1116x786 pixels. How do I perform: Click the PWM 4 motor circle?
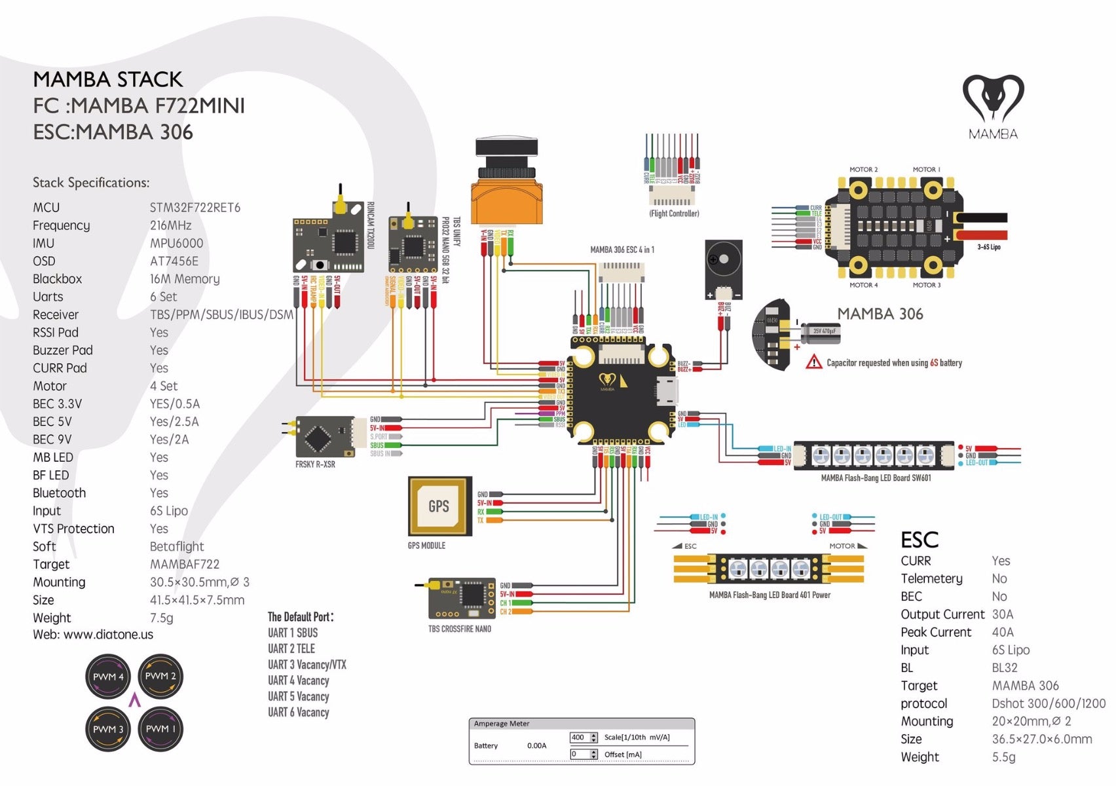(x=108, y=677)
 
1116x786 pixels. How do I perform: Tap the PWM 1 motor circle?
(x=160, y=728)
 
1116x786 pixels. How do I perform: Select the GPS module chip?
(x=439, y=506)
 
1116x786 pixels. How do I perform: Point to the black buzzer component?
(x=723, y=269)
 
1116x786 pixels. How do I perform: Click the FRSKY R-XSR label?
(x=315, y=464)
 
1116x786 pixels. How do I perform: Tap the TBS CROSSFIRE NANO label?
(x=459, y=629)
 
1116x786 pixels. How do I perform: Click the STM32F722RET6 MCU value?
(x=195, y=208)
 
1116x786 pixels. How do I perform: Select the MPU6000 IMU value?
(x=176, y=243)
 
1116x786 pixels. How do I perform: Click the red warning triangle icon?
(x=813, y=362)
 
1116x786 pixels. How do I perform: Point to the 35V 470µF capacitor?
(x=822, y=332)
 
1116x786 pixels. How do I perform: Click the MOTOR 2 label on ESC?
(x=863, y=170)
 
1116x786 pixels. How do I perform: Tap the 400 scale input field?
(x=580, y=738)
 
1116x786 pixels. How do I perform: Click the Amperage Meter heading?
(x=501, y=724)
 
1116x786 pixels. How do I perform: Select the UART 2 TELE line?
(x=291, y=648)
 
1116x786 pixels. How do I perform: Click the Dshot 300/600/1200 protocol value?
(x=1048, y=703)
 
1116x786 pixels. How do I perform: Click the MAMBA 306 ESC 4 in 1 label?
(x=622, y=250)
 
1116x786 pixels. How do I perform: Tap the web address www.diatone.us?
(x=108, y=635)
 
